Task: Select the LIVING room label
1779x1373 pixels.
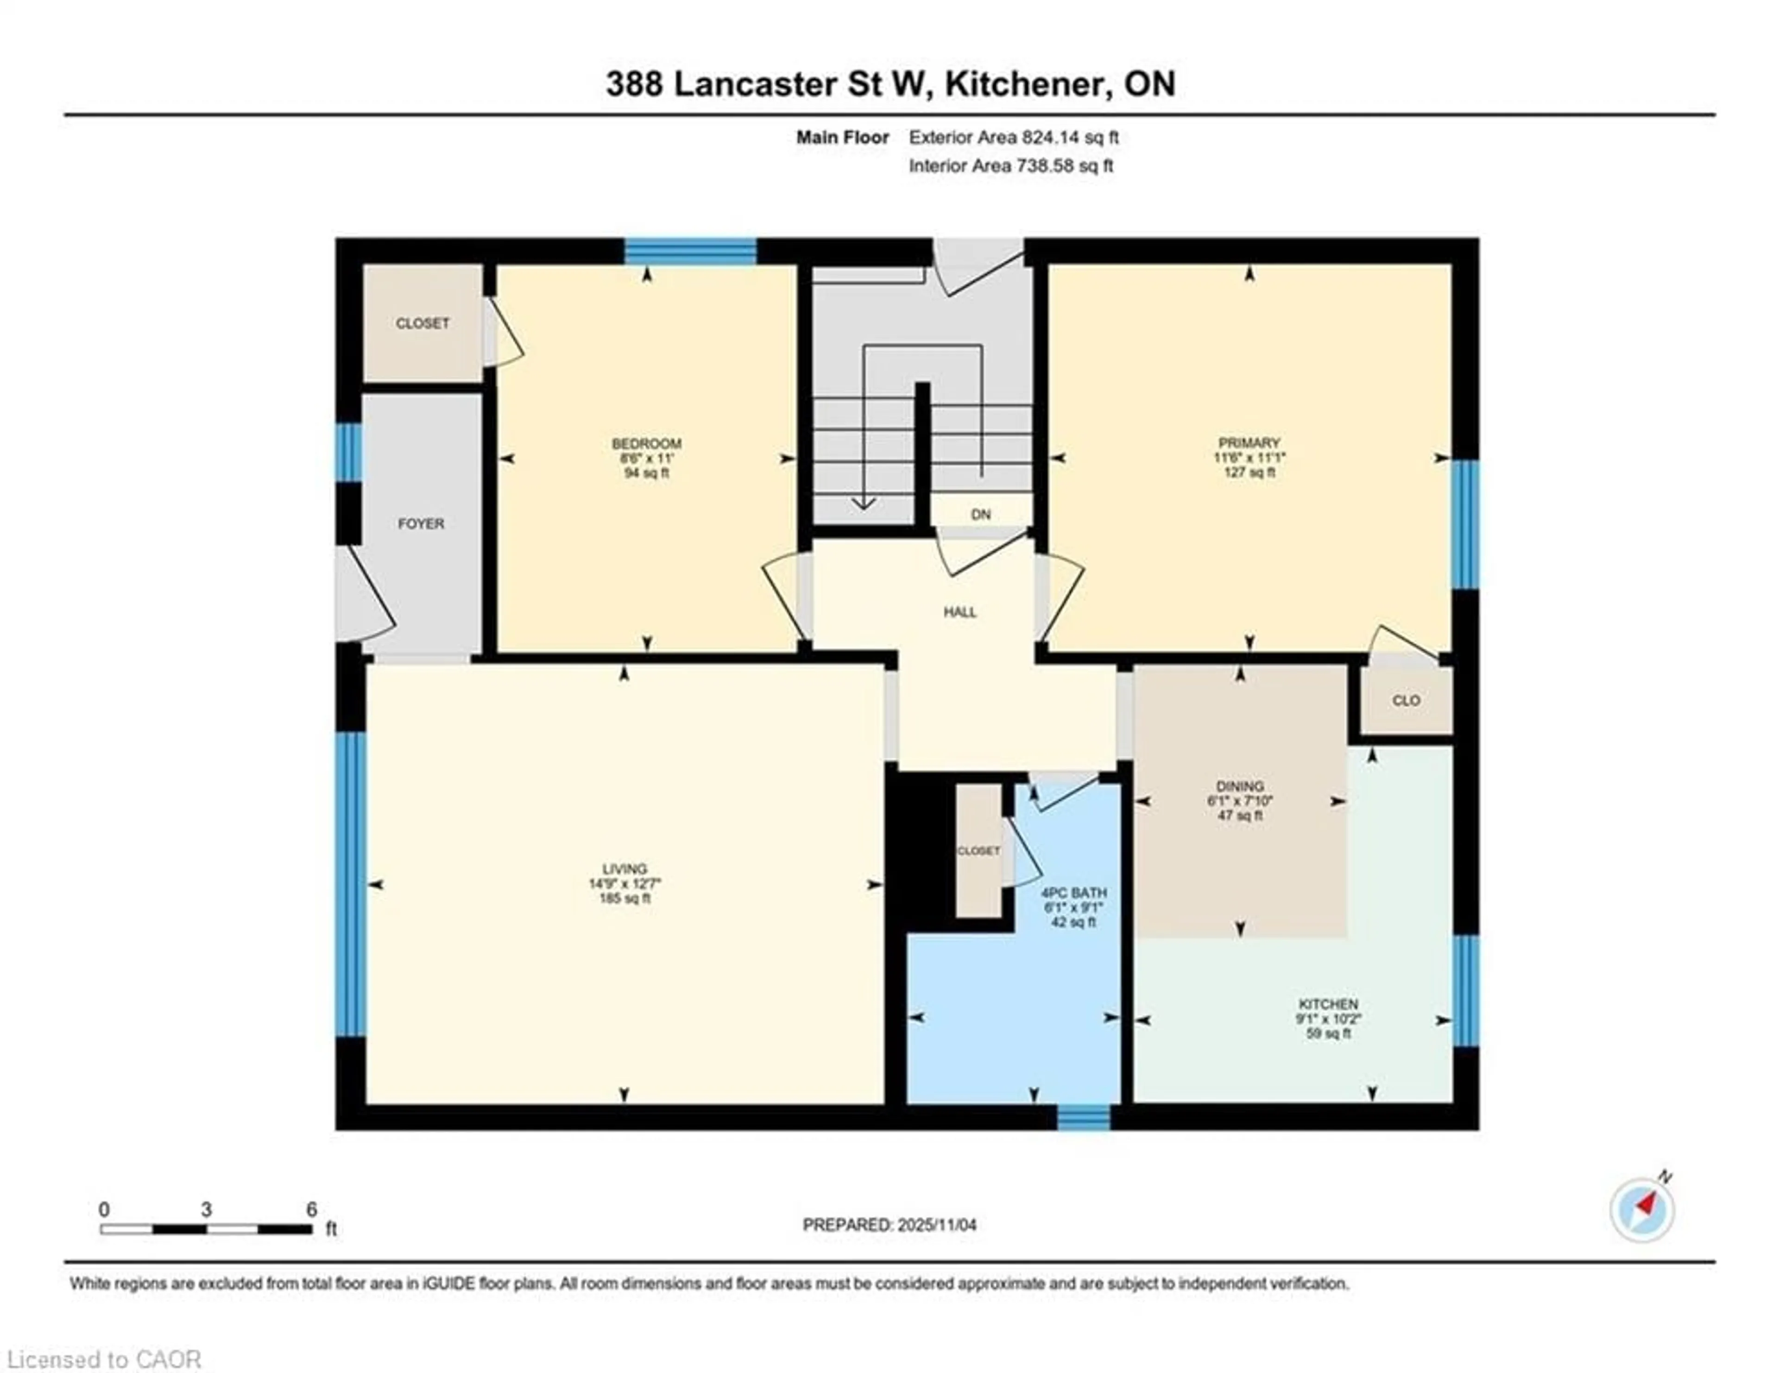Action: [x=625, y=869]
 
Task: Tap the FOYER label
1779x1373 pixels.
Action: [x=421, y=523]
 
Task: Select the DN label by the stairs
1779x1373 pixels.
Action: [x=981, y=515]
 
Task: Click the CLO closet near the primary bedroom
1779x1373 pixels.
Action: [x=1406, y=700]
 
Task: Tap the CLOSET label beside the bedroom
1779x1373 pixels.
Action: [x=422, y=323]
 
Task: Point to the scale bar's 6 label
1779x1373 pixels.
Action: [x=311, y=1209]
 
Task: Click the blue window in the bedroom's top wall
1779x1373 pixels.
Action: [x=690, y=251]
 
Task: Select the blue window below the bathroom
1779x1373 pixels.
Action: [x=1083, y=1117]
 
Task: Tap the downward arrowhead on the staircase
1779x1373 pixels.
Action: [x=864, y=504]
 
